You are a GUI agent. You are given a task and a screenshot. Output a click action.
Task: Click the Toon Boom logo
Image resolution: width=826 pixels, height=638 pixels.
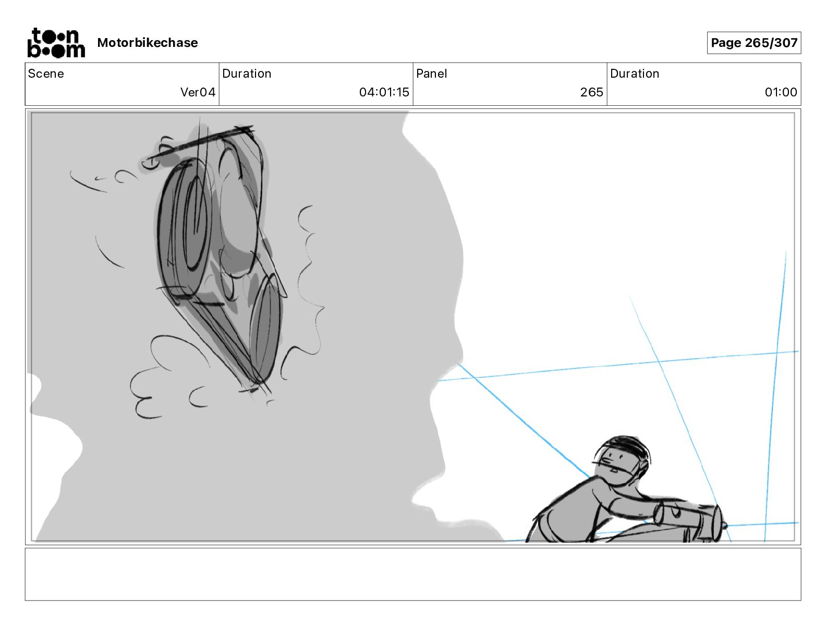(56, 43)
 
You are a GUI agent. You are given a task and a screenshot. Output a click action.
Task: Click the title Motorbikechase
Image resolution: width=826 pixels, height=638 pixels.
(148, 43)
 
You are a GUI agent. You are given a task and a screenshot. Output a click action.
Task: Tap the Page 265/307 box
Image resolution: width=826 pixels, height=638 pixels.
(754, 43)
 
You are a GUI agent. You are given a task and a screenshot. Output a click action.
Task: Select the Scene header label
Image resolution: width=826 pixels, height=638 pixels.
(45, 73)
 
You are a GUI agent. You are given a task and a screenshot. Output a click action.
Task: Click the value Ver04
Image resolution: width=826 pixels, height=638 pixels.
(198, 92)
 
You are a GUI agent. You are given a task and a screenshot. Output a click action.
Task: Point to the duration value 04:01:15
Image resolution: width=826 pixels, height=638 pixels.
(384, 92)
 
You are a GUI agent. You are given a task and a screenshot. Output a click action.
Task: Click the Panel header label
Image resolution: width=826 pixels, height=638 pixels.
(431, 73)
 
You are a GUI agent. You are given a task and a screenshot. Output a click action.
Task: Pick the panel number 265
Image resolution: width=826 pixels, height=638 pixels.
(591, 92)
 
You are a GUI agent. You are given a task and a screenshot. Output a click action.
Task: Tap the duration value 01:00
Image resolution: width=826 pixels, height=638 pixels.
(781, 92)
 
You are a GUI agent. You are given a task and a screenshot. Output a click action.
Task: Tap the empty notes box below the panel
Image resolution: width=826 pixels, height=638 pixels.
(413, 574)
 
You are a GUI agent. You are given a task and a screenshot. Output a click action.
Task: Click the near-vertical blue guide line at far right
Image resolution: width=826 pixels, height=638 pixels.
(775, 395)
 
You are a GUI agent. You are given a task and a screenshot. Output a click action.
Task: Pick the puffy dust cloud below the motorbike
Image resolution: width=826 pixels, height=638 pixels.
(169, 376)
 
